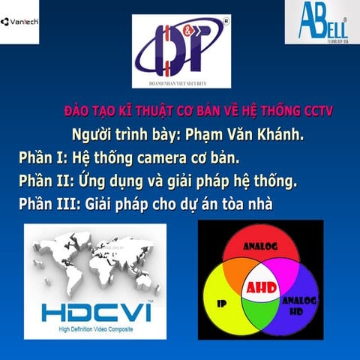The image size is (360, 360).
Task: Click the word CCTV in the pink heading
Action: pyautogui.click(x=319, y=112)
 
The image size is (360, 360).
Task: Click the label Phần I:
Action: pyautogui.click(x=42, y=158)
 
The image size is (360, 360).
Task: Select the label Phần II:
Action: pyautogui.click(x=46, y=181)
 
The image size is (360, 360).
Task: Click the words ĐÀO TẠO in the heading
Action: pyautogui.click(x=88, y=112)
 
